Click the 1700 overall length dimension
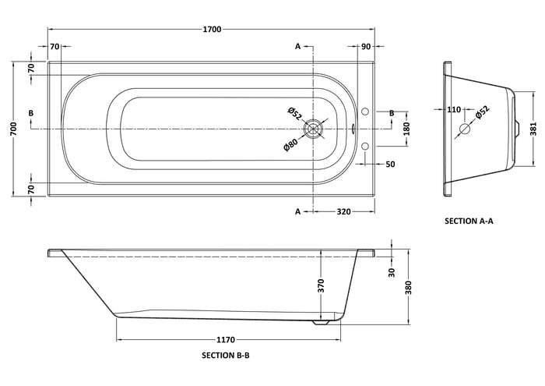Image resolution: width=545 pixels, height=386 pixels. coord(212,29)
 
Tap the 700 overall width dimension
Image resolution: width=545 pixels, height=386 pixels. coord(13,129)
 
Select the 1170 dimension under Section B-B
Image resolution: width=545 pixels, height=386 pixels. coord(226,339)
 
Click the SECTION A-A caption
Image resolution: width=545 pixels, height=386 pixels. coord(469,221)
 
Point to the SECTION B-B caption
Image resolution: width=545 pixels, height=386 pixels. coord(226,356)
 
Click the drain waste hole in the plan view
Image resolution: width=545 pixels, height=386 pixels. coord(314,129)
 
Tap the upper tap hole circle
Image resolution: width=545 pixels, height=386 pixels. coord(365,112)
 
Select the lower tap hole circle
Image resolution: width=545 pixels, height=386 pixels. coord(365,146)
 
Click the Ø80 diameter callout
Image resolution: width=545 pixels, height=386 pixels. coord(291,144)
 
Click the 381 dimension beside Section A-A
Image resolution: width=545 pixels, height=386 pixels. coord(533,129)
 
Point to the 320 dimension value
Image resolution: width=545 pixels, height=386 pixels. coord(343,211)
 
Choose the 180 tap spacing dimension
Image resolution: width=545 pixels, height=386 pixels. coord(407,129)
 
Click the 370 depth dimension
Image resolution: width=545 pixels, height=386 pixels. coord(321,285)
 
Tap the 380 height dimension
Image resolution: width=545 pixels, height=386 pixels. coord(409,288)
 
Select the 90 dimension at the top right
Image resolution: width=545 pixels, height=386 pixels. coord(366,46)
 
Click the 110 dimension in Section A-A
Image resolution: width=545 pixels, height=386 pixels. coord(454,110)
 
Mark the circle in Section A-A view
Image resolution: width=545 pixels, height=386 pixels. coord(465,129)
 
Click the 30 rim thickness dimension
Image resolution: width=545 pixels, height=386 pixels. coord(392,272)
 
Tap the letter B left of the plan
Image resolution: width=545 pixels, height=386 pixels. coord(31,113)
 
